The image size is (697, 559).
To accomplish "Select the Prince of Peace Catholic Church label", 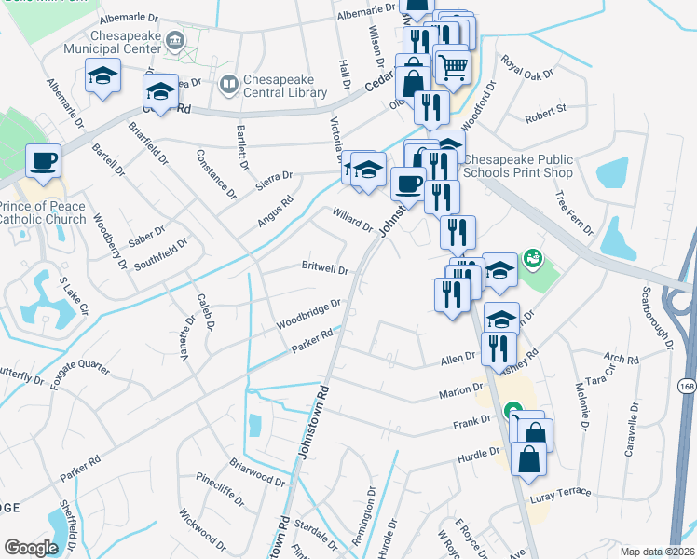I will (x=43, y=212).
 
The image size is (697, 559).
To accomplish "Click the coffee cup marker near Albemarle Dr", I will (x=43, y=161).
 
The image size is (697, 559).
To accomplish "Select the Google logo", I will (x=31, y=548).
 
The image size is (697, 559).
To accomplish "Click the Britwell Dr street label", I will (x=324, y=268).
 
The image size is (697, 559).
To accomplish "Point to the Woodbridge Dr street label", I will (x=308, y=314).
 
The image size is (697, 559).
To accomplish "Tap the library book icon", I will (x=228, y=85).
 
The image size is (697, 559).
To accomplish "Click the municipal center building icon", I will (x=173, y=41).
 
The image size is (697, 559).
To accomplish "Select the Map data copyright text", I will (x=657, y=551).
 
